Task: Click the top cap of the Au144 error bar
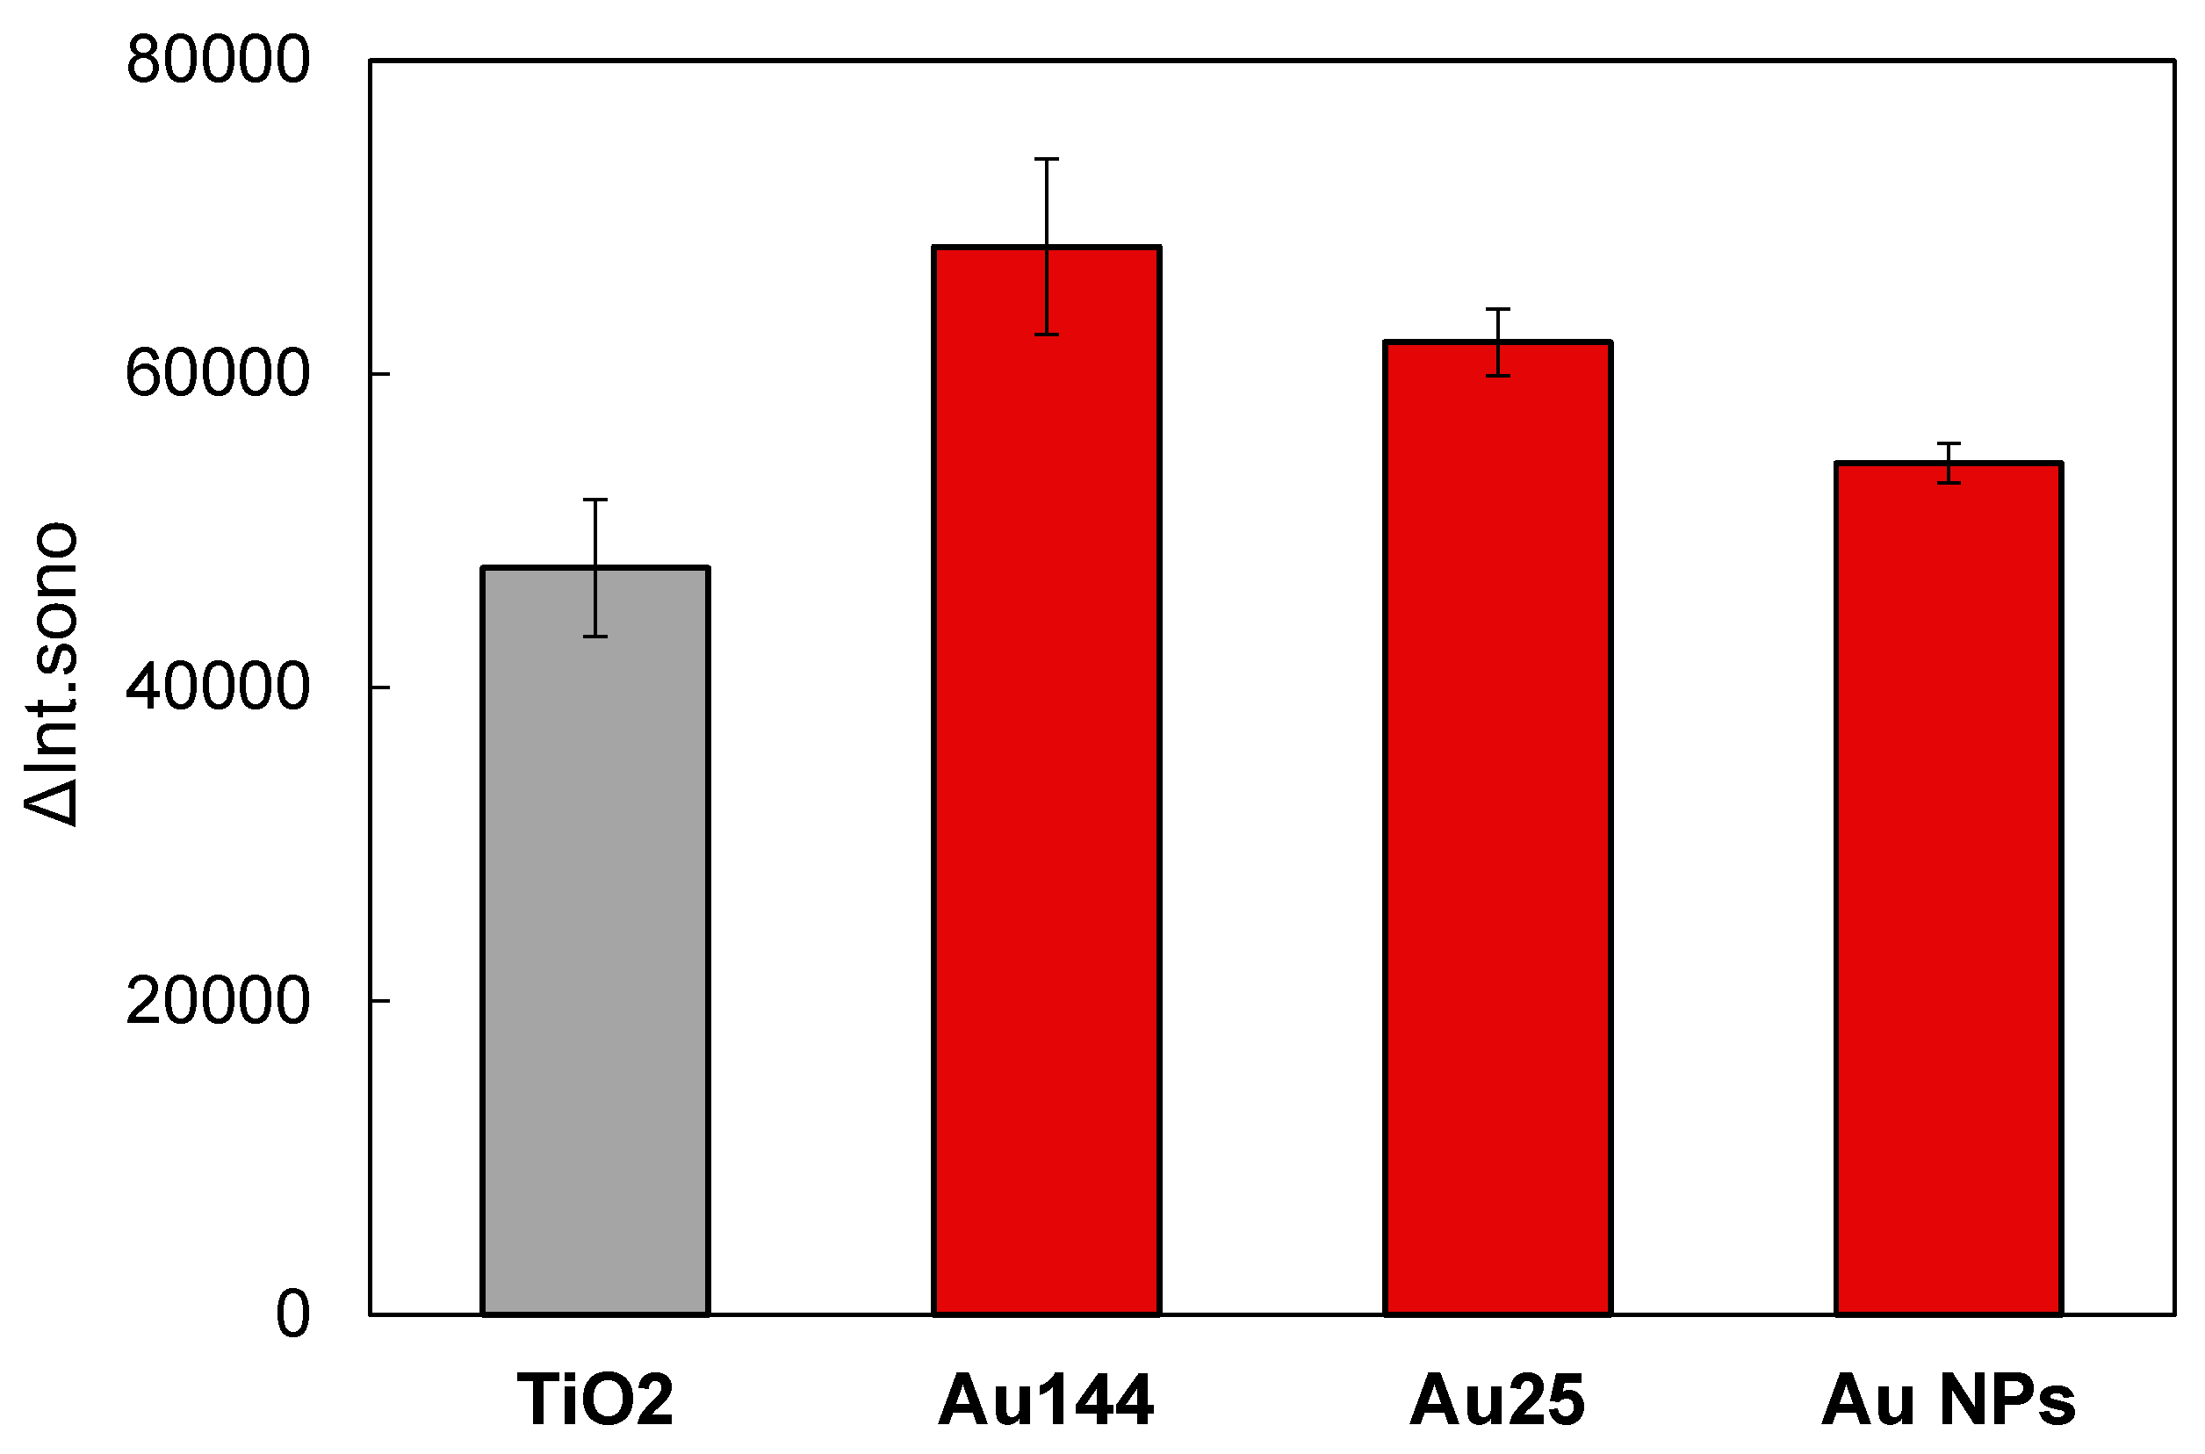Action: pos(1047,160)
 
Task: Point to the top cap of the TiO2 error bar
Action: pos(595,500)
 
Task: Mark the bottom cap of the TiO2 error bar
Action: pos(595,636)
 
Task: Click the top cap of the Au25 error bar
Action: pos(1497,309)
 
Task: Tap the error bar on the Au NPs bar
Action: pos(1949,463)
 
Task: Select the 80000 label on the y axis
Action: pos(218,61)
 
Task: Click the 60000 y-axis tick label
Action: pos(218,375)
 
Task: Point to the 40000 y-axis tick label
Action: pos(218,688)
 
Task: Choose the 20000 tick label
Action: pos(218,1002)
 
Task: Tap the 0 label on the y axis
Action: pos(293,1315)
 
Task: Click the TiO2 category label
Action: pos(595,1400)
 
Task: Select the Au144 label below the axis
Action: pos(1047,1400)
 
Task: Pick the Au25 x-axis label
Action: pos(1497,1400)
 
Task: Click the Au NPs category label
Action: pos(1949,1400)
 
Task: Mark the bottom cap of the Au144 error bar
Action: pos(1047,334)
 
